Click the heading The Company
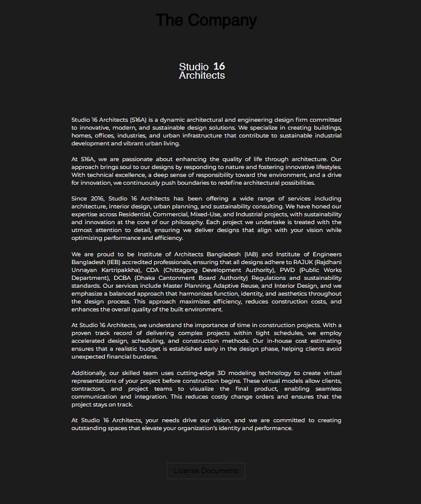point(206,20)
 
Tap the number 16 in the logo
point(219,66)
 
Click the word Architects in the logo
point(202,76)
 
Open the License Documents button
point(206,471)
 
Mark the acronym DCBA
point(122,278)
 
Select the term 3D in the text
point(222,373)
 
